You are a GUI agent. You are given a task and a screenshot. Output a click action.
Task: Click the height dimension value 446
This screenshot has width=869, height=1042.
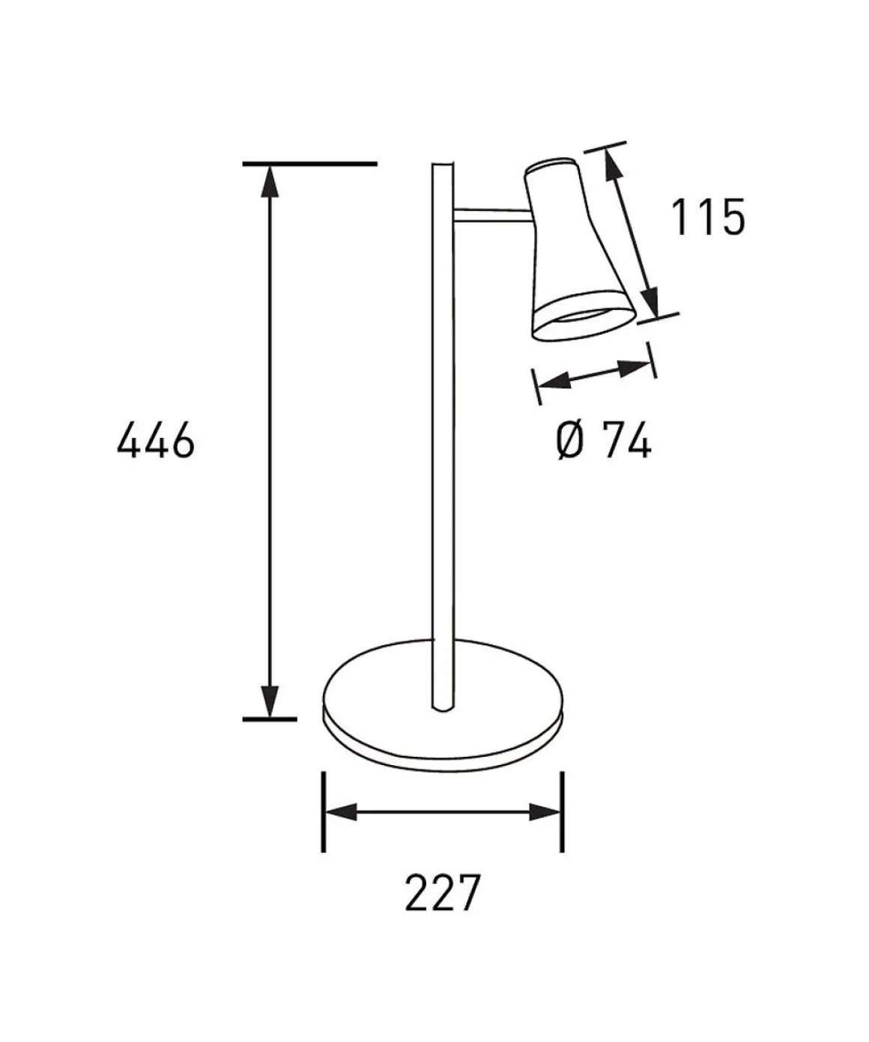[155, 439]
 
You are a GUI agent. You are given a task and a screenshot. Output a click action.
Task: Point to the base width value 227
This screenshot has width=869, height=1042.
[443, 893]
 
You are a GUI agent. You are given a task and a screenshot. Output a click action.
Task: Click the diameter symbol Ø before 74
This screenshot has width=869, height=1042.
[570, 439]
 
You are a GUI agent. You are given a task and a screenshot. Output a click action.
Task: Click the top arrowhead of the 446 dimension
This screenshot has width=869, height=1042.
[270, 181]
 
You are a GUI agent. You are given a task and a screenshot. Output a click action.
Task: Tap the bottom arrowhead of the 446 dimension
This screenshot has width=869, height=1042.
[270, 701]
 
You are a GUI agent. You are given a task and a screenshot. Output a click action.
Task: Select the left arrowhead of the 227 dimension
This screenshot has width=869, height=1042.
[342, 812]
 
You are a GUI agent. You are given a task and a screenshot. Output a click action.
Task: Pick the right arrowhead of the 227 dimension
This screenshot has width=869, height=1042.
[545, 812]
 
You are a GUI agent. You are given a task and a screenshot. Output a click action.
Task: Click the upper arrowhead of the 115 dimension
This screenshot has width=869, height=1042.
[614, 165]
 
